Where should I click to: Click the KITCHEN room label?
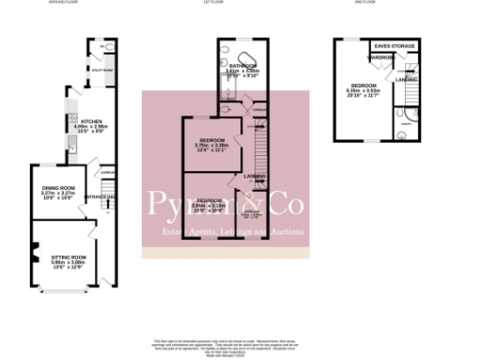coord(91,121)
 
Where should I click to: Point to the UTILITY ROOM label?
coord(101,71)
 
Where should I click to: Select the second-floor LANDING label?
coord(407,79)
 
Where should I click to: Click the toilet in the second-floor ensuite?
coord(402,133)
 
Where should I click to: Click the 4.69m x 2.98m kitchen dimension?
coord(91,128)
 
